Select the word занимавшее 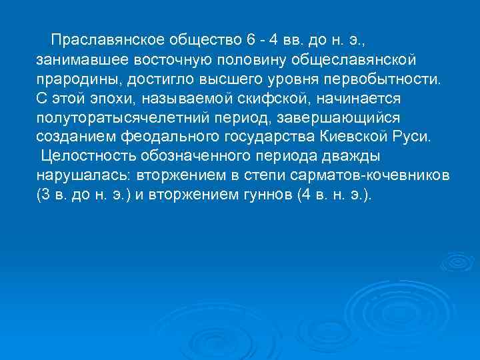75,61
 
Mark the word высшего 241,80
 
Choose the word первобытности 385,80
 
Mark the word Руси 411,138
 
